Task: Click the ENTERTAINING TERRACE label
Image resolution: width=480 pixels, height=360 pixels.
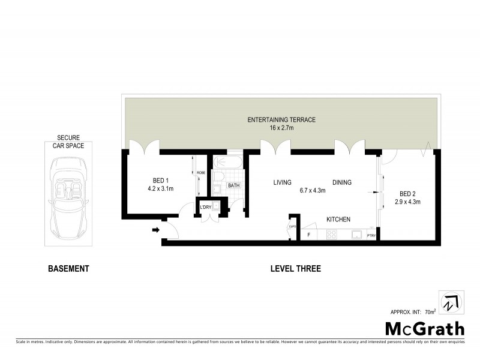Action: coord(281,120)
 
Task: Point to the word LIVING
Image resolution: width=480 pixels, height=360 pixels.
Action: coord(282,182)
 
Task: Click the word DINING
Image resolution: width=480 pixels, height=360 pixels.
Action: coord(342,182)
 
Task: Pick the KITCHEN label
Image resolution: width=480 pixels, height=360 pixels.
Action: coord(338,220)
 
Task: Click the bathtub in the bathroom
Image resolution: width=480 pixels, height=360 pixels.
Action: coord(228,162)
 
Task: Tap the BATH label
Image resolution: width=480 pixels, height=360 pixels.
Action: coord(233,185)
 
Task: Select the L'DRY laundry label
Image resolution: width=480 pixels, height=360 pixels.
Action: coord(205,207)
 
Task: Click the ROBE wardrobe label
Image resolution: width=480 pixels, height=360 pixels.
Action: coord(200,173)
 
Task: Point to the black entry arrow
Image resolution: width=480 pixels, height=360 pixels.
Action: coord(155,229)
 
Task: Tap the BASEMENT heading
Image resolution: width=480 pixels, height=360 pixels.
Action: coord(68,269)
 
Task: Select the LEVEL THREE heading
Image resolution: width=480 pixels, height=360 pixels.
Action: coord(295,269)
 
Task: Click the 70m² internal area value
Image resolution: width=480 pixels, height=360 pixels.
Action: coord(430,313)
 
